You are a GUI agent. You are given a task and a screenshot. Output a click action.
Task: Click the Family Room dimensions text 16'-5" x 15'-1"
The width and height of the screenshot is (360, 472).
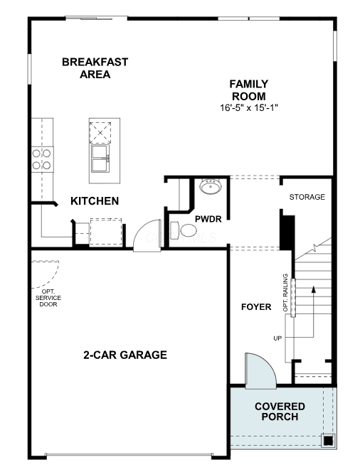coord(248,108)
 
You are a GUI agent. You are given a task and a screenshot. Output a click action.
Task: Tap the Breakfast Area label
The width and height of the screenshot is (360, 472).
coord(95,68)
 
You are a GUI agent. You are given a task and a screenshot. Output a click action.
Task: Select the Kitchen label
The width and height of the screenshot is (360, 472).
coord(95,200)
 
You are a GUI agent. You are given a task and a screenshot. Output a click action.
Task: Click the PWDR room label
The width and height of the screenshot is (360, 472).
coord(208,219)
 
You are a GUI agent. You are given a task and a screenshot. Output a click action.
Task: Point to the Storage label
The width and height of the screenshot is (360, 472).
coord(307,197)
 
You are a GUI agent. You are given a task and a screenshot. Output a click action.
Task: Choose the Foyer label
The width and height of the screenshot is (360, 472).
coord(256,307)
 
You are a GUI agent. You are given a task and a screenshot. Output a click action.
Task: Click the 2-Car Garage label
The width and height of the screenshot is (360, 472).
coord(125,355)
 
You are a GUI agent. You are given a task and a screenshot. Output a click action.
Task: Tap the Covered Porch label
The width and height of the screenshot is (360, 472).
coord(280,412)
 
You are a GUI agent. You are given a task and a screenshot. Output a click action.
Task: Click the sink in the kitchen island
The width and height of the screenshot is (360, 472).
coord(100,158)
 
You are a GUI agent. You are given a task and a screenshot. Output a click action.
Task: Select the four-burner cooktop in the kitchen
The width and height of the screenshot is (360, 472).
coord(42,159)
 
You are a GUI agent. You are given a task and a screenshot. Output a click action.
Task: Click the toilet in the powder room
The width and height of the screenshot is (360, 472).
coord(184,230)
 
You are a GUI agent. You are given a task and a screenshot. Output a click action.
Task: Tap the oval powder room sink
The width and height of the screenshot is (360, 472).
coord(211,187)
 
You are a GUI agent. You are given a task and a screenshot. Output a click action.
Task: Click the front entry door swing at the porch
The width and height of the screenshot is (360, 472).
coord(260,371)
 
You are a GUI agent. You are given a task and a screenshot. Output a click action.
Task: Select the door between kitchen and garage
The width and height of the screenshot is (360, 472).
coord(147,235)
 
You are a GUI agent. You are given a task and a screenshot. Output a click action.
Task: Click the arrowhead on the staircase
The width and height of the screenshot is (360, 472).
coord(314,289)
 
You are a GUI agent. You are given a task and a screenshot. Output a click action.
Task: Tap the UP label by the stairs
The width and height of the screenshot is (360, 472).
coord(277,338)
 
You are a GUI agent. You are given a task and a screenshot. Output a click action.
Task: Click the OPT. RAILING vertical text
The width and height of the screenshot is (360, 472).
coord(285,293)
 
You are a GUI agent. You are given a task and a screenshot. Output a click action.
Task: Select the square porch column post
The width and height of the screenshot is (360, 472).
coord(328,441)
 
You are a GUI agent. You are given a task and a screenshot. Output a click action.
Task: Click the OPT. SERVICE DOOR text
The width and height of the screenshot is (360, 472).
coord(48,298)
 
